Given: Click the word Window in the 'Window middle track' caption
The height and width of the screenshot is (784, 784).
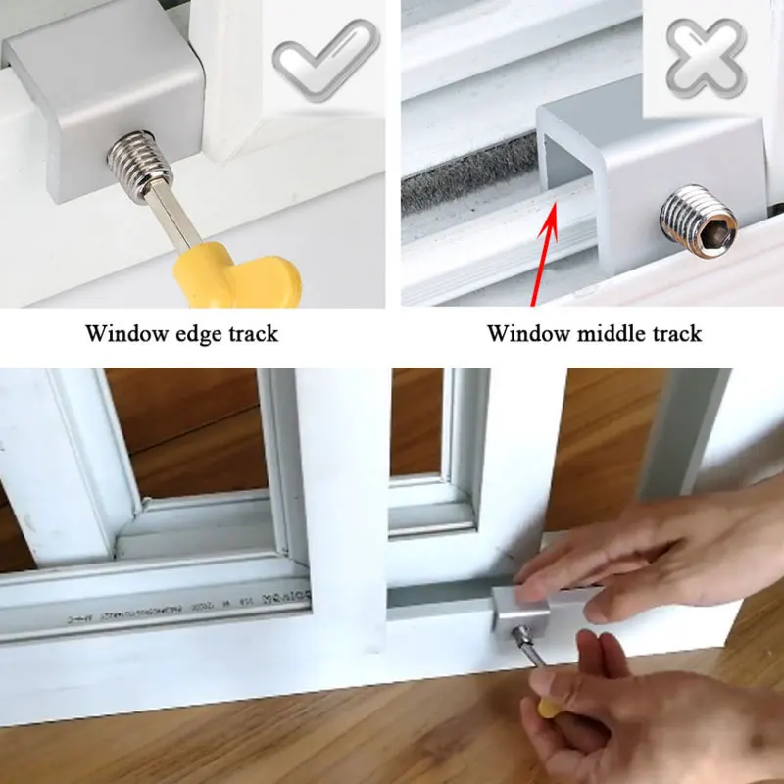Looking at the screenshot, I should [527, 334].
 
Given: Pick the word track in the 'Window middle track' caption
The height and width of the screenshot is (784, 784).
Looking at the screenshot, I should [676, 334].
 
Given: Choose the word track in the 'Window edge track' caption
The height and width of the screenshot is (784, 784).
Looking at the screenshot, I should [253, 334].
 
